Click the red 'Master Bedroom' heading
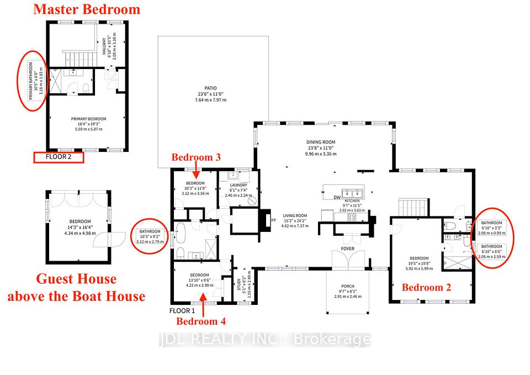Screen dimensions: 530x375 pyautogui.click(x=87, y=9)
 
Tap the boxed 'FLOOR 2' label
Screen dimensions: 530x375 pyautogui.click(x=59, y=157)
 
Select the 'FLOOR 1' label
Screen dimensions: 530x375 pyautogui.click(x=182, y=311)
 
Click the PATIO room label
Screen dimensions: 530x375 pyautogui.click(x=210, y=88)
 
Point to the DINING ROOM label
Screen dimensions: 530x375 pyautogui.click(x=321, y=142)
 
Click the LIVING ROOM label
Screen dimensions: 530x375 pyautogui.click(x=295, y=215)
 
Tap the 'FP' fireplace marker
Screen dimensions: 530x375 pyautogui.click(x=274, y=220)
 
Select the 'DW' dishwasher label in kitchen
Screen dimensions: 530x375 pyautogui.click(x=337, y=198)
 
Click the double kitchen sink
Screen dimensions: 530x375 pyautogui.click(x=352, y=194)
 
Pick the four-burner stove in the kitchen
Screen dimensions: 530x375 pyautogui.click(x=352, y=217)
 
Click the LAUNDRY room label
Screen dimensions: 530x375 pyautogui.click(x=239, y=186)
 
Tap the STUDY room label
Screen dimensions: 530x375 pyautogui.click(x=239, y=284)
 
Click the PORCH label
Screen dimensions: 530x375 pyautogui.click(x=348, y=286)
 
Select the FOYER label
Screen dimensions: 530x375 pyautogui.click(x=348, y=249)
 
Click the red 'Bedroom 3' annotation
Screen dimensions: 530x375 pyautogui.click(x=196, y=157)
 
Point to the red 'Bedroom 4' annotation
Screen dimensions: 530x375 pyautogui.click(x=201, y=321)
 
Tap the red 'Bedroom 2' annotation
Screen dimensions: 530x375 pyautogui.click(x=427, y=287)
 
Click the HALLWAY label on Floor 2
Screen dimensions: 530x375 pyautogui.click(x=103, y=46)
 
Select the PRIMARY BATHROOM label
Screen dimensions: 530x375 pyautogui.click(x=31, y=81)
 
